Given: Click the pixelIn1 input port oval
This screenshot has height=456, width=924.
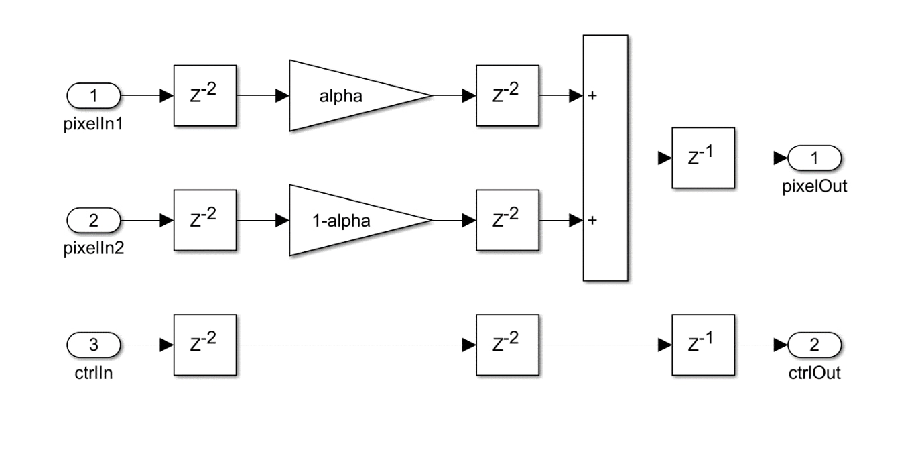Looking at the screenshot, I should [x=93, y=96].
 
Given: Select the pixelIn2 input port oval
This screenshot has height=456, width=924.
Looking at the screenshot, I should [x=93, y=220].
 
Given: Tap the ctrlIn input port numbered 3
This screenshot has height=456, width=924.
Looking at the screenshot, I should [x=93, y=345].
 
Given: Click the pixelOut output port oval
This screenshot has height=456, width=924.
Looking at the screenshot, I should [x=814, y=158].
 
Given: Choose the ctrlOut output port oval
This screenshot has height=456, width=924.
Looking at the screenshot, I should [x=814, y=345].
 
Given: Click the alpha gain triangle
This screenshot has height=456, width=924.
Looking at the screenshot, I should [x=348, y=96].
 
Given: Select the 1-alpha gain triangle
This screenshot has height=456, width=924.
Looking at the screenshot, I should [x=348, y=220].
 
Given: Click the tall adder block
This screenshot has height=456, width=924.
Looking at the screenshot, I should [x=605, y=158].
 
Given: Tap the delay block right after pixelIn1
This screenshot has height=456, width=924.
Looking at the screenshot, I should [x=205, y=96].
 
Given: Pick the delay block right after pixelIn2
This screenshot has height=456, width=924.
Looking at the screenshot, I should [x=205, y=220].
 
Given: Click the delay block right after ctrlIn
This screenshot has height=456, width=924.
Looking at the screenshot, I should [x=205, y=345].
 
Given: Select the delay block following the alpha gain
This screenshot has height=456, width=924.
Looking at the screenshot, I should [x=507, y=96].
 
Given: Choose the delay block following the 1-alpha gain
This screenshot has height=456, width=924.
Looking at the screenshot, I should [x=507, y=220].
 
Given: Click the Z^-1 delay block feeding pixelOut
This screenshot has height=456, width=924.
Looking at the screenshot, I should [x=703, y=158].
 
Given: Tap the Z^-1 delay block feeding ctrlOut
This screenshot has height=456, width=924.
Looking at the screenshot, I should [x=703, y=345].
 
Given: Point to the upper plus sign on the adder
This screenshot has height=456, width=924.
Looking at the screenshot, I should [x=592, y=96].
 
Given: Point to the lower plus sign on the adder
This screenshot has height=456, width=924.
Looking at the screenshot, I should [x=592, y=220].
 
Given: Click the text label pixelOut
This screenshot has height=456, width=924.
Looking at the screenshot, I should [x=814, y=187].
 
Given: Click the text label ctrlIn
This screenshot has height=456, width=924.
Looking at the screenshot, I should [x=93, y=374].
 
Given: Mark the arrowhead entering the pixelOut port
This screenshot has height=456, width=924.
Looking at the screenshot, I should [x=781, y=158].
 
